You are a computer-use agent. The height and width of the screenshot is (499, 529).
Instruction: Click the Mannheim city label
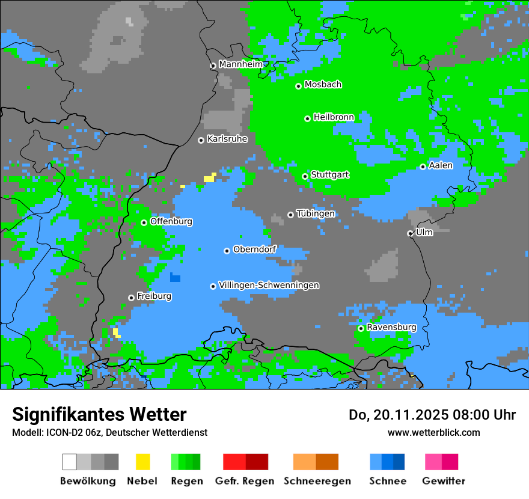(x=240, y=64)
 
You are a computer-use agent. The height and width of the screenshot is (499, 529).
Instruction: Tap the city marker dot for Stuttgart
(x=305, y=176)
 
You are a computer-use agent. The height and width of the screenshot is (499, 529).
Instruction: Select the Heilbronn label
(x=334, y=117)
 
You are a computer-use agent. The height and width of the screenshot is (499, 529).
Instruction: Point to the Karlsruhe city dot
(x=201, y=140)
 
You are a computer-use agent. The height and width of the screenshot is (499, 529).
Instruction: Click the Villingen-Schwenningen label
(x=269, y=286)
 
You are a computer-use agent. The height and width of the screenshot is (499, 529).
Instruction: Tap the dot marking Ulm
(x=410, y=233)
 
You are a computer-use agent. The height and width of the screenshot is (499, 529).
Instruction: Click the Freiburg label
(x=154, y=296)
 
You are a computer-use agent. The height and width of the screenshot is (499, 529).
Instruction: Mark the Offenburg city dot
(x=144, y=222)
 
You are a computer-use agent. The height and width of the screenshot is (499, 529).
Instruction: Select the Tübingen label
(x=316, y=214)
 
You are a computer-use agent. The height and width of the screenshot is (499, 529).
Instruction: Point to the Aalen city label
(x=441, y=165)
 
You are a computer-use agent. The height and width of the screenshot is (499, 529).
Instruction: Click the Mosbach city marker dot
(x=298, y=86)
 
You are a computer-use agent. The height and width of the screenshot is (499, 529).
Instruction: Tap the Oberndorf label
(x=254, y=249)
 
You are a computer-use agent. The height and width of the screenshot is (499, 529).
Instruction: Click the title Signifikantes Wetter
(x=99, y=415)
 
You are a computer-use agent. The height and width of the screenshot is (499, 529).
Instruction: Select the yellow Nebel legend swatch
(x=142, y=462)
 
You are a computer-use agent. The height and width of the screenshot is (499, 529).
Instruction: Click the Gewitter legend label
(x=443, y=481)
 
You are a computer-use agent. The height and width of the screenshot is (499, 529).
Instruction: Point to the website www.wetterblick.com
(x=433, y=432)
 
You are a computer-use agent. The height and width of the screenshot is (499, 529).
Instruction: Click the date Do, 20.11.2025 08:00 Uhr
(x=432, y=415)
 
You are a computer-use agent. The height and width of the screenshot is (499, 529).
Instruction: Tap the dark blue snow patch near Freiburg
(x=175, y=277)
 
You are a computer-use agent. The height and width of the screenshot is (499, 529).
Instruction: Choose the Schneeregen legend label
(x=317, y=481)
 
